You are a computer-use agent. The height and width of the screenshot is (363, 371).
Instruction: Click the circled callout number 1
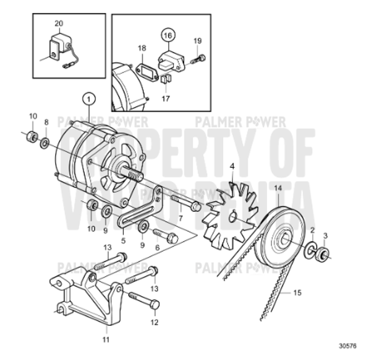(x=89, y=98)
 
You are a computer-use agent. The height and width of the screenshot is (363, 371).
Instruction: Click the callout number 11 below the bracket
(x=105, y=340)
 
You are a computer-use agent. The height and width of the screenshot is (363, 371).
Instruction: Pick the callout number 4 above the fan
(x=232, y=167)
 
